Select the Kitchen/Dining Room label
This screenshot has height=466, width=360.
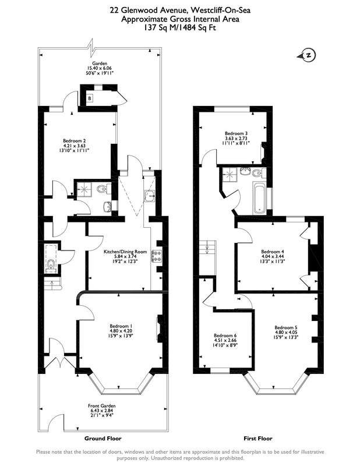pos(125,252)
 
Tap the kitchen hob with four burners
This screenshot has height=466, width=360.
pos(157,256)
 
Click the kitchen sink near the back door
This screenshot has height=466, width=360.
pos(150,196)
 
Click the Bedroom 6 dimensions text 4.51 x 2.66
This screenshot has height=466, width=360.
pos(225,340)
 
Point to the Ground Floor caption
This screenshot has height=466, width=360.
pos(103,438)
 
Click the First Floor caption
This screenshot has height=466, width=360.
pos(258,438)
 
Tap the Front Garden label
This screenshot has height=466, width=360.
pos(102,405)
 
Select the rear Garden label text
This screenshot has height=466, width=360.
pos(100,63)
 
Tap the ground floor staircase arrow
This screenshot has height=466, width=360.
pos(52,285)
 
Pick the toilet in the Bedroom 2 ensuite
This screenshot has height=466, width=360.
pos(104,188)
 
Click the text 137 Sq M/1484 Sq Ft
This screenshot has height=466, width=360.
pos(180,28)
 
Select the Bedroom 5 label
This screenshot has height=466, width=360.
pos(286,327)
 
